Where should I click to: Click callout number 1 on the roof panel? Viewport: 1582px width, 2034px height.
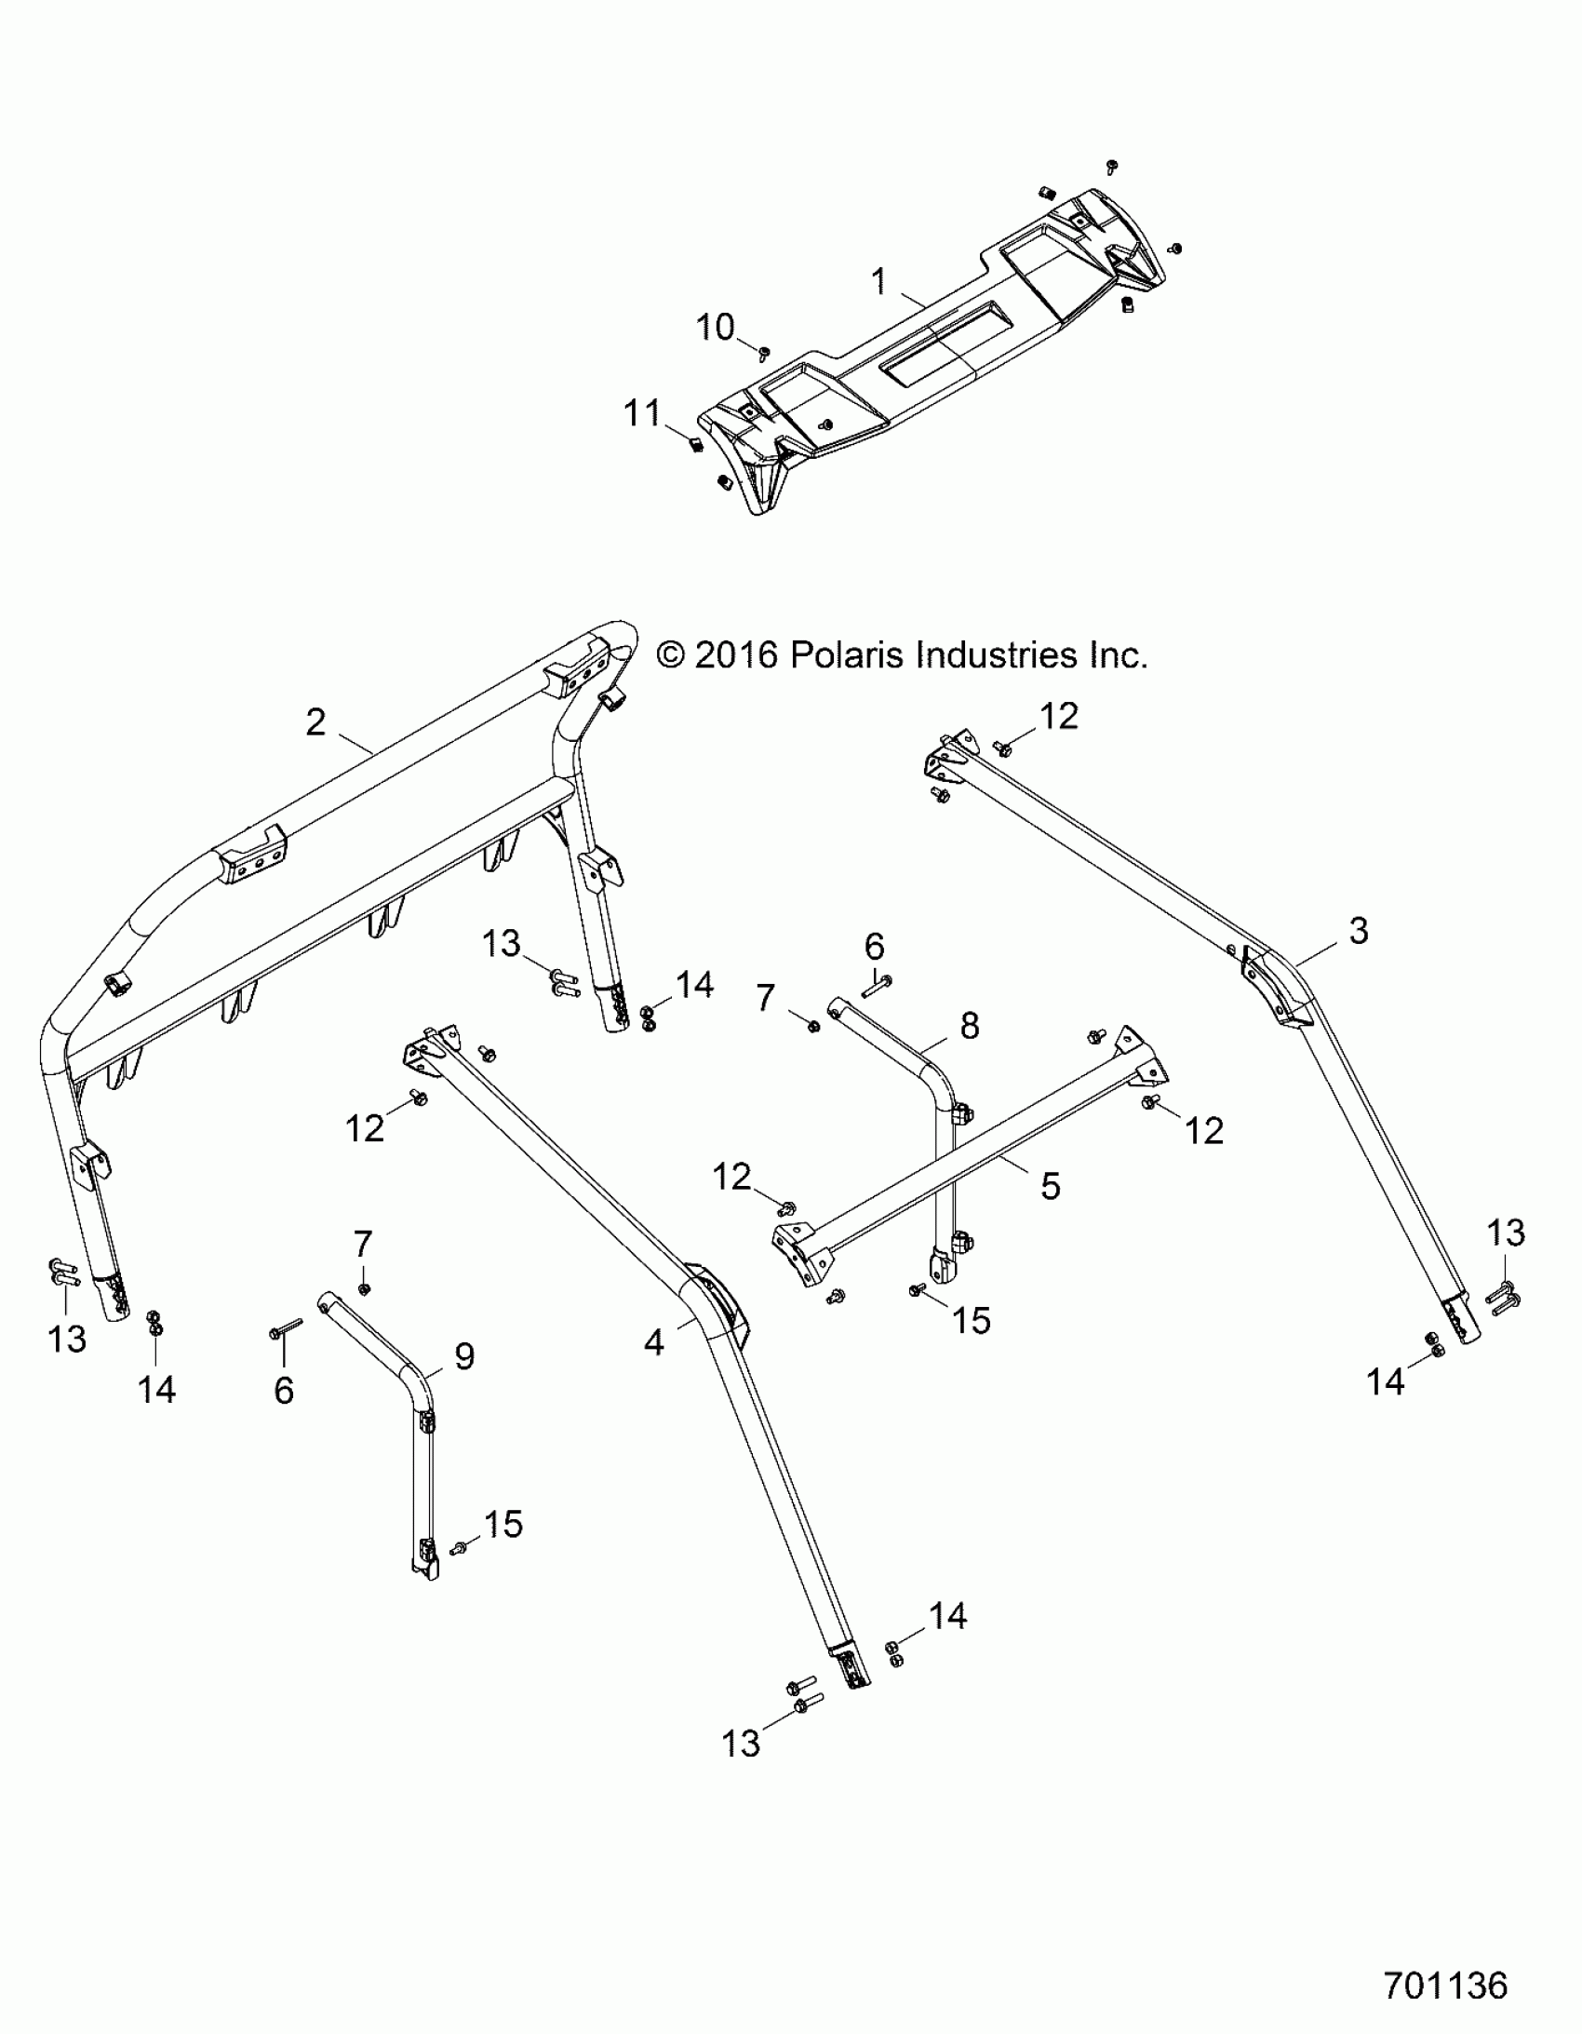pos(878,280)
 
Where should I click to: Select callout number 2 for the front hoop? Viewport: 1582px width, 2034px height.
pos(316,721)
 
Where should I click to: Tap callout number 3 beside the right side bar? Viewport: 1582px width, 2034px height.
pos(1359,930)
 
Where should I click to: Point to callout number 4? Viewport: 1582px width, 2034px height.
pos(654,1342)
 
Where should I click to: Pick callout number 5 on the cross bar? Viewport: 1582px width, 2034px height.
pos(1050,1186)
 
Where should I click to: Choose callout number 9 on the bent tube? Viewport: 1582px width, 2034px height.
pos(463,1356)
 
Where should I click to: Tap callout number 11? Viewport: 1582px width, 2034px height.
pos(642,412)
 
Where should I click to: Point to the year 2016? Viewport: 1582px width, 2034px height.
pos(735,654)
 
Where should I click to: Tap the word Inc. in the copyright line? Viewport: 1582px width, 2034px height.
pos(1118,654)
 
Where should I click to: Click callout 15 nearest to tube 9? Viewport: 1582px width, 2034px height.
pos(503,1525)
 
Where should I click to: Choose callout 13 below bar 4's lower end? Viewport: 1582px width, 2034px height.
pos(741,1744)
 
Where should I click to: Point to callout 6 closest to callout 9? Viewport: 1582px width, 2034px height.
pos(284,1391)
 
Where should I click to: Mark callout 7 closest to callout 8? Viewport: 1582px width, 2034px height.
pos(765,998)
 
